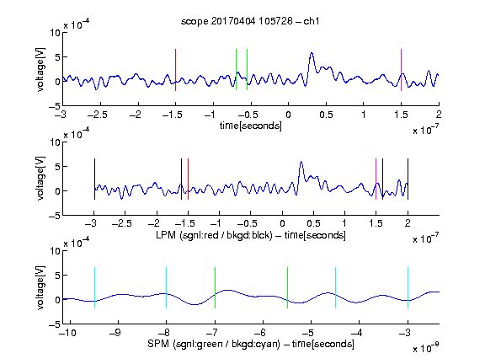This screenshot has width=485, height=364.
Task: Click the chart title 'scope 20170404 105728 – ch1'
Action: click(250, 21)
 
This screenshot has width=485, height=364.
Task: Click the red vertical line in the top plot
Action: click(175, 70)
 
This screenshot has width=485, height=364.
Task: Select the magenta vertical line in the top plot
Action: click(401, 70)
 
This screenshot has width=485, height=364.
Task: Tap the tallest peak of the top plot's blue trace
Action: click(312, 54)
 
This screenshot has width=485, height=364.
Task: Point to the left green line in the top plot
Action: click(236, 70)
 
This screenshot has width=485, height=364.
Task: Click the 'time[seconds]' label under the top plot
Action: click(251, 126)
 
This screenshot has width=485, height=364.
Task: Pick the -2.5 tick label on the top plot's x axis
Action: click(97, 115)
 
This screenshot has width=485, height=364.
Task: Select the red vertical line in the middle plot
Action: click(188, 179)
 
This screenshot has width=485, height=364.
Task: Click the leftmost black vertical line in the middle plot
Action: click(94, 179)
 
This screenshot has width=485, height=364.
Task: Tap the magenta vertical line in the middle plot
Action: click(376, 179)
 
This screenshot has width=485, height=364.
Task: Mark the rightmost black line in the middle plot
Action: click(408, 179)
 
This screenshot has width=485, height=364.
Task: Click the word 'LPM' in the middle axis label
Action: click(166, 235)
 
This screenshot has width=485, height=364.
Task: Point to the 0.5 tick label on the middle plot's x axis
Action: click(313, 223)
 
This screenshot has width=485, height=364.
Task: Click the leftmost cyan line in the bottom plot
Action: click(94, 288)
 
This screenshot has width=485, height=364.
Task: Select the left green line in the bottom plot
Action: click(215, 288)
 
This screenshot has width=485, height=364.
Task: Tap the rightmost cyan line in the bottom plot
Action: click(408, 288)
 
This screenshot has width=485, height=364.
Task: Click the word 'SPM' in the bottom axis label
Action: click(158, 344)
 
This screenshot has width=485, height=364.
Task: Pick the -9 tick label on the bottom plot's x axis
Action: click(115, 333)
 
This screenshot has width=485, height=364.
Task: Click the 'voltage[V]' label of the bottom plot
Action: click(40, 287)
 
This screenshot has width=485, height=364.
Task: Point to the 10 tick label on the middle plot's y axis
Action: click(55, 142)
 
